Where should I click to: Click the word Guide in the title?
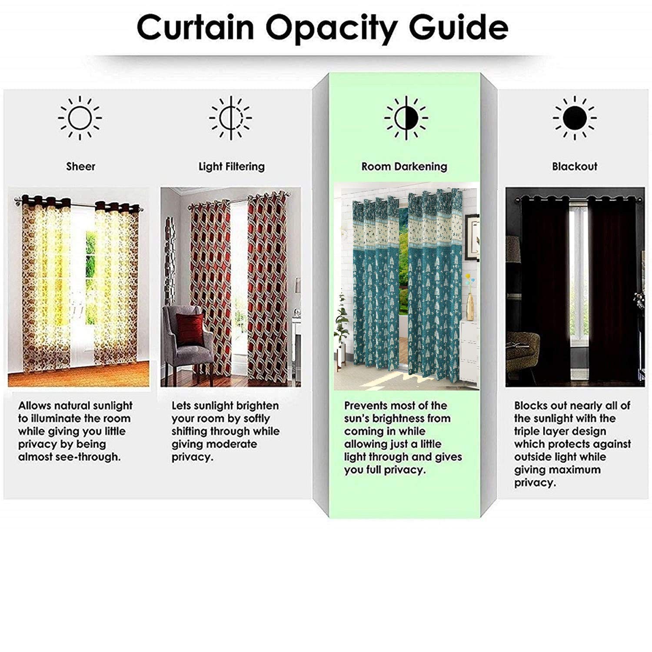(459, 27)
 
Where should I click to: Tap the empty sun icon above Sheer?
(80, 118)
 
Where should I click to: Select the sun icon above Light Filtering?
(231, 118)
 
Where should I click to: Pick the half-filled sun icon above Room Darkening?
(406, 118)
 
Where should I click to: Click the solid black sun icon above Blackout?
(575, 118)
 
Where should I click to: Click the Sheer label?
(80, 166)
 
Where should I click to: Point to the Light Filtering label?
(232, 167)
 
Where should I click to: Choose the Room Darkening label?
(404, 167)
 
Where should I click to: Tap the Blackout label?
(575, 166)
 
